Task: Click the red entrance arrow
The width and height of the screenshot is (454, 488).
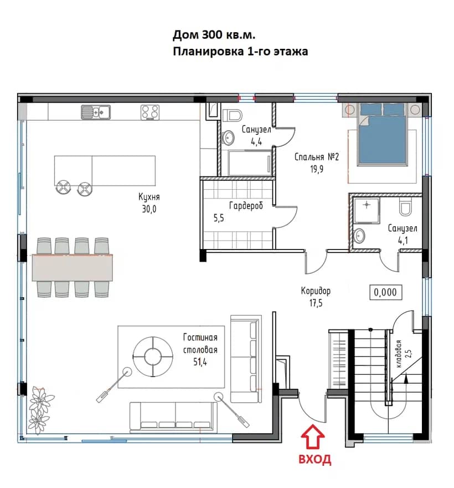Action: [x=312, y=437]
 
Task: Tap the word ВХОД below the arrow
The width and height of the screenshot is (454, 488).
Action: [x=315, y=459]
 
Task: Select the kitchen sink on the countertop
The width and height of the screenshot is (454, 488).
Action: [x=96, y=111]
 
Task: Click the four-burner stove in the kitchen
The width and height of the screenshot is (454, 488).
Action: [x=150, y=112]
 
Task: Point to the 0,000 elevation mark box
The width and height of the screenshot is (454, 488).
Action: [x=385, y=292]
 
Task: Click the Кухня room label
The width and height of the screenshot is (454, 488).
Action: [x=149, y=197]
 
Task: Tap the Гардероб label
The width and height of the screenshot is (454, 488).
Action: [x=246, y=205]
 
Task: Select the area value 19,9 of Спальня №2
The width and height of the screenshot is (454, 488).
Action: [x=317, y=169]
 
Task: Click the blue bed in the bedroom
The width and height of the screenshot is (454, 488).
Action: [x=382, y=133]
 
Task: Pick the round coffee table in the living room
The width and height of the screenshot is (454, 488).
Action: [x=153, y=356]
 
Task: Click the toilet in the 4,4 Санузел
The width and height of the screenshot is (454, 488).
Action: [x=232, y=115]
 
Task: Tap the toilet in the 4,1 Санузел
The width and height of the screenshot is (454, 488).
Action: [x=405, y=207]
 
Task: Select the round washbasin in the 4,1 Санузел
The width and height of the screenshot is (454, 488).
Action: [x=359, y=236]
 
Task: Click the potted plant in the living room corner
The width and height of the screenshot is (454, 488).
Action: [x=40, y=410]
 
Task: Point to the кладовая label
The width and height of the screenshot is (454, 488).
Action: [x=399, y=354]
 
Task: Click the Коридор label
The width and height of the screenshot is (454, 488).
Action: [x=316, y=291]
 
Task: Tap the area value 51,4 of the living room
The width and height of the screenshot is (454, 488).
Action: [x=200, y=362]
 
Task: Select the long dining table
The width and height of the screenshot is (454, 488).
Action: [x=73, y=268]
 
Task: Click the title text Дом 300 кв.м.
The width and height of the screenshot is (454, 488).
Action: [x=214, y=35]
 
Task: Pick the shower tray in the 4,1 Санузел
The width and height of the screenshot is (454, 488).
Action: [x=367, y=211]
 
